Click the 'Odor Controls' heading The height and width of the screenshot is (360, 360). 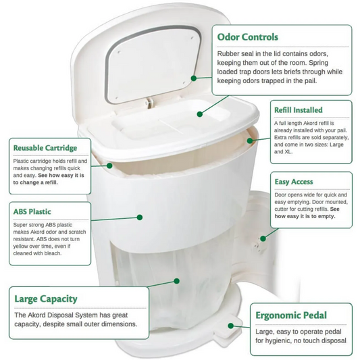pyautogui.click(x=248, y=37)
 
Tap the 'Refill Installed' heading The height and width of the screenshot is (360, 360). pyautogui.click(x=299, y=110)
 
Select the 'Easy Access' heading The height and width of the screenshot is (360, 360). pyautogui.click(x=294, y=182)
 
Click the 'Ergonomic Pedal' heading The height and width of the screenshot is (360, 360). pyautogui.click(x=291, y=315)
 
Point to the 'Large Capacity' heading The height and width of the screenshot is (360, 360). pyautogui.click(x=46, y=299)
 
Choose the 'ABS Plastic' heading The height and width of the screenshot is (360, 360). pyautogui.click(x=32, y=211)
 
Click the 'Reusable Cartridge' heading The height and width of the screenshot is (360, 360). pyautogui.click(x=45, y=148)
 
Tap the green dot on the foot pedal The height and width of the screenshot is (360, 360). pyautogui.click(x=231, y=326)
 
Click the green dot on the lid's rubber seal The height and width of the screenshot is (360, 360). pyautogui.click(x=194, y=78)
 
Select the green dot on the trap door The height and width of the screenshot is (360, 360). pyautogui.click(x=200, y=114)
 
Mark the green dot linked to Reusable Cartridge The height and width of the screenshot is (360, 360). pyautogui.click(x=109, y=165)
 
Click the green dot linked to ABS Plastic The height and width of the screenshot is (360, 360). pyautogui.click(x=140, y=217)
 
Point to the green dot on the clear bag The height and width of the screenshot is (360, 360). pyautogui.click(x=176, y=281)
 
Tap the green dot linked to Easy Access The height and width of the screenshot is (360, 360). pyautogui.click(x=263, y=238)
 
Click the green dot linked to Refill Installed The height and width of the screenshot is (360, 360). pyautogui.click(x=250, y=140)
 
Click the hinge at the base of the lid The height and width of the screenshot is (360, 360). pyautogui.click(x=150, y=102)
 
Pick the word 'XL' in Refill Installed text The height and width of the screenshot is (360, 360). pyautogui.click(x=288, y=152)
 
